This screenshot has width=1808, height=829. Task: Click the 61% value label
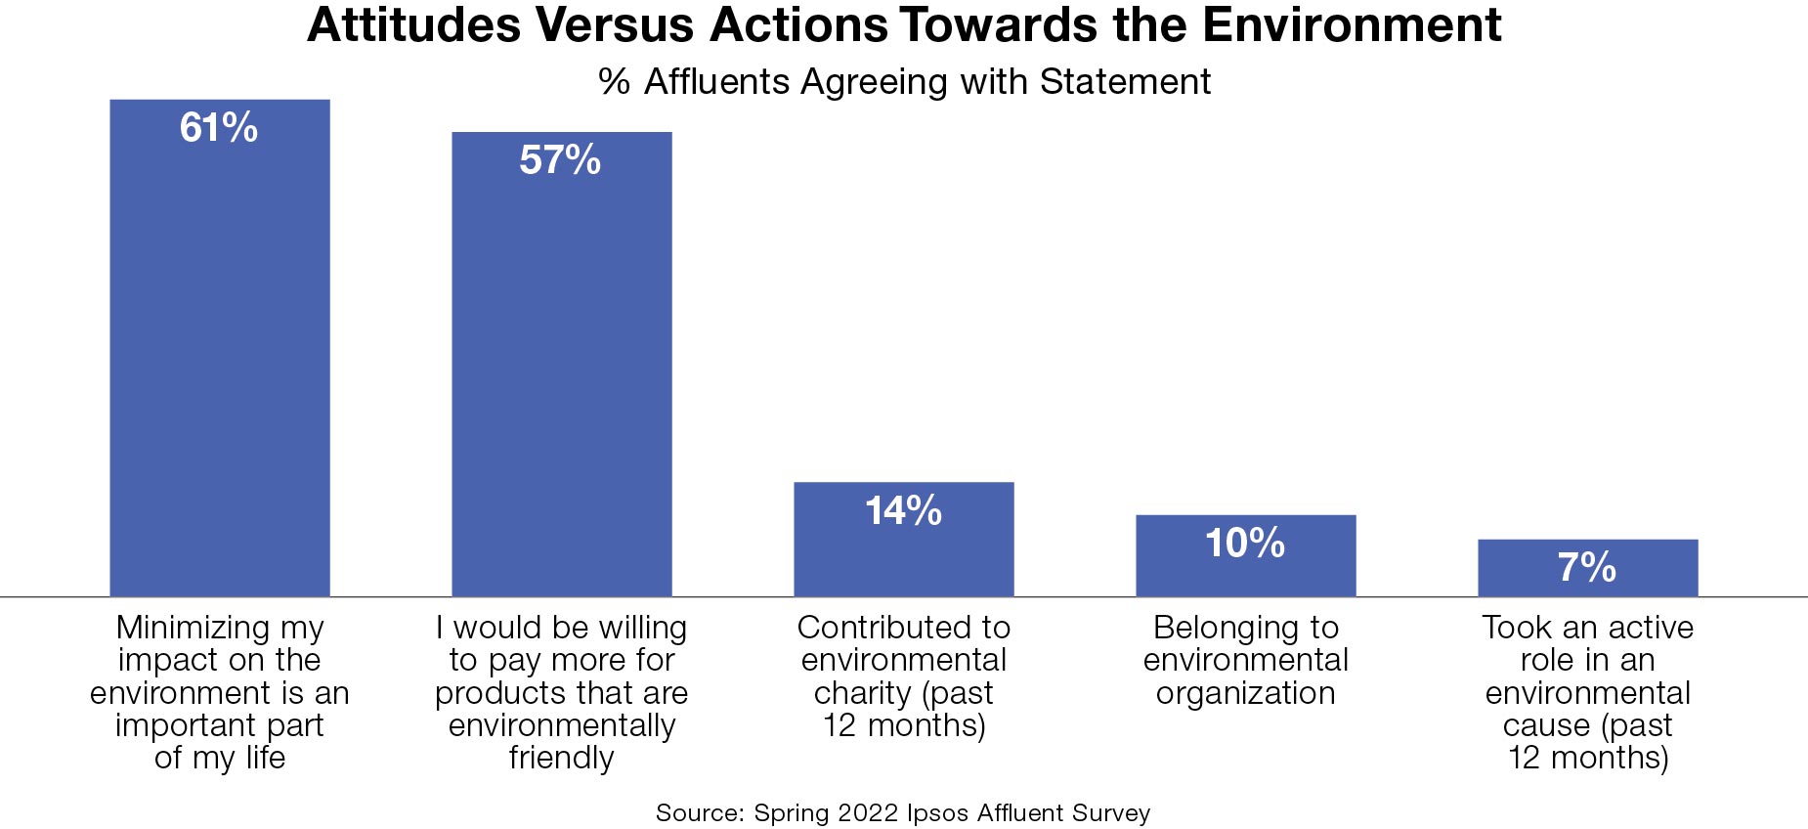coord(219,128)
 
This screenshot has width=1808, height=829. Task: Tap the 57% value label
coord(560,160)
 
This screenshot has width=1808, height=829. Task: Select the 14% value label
coord(903,510)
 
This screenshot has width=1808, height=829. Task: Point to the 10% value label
coord(1244,543)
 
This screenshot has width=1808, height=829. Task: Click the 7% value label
coord(1586,567)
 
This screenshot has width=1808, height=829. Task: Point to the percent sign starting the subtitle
coord(614,82)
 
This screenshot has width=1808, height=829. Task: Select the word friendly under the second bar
coord(561,758)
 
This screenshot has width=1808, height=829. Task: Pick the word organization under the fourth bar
coord(1245,693)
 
